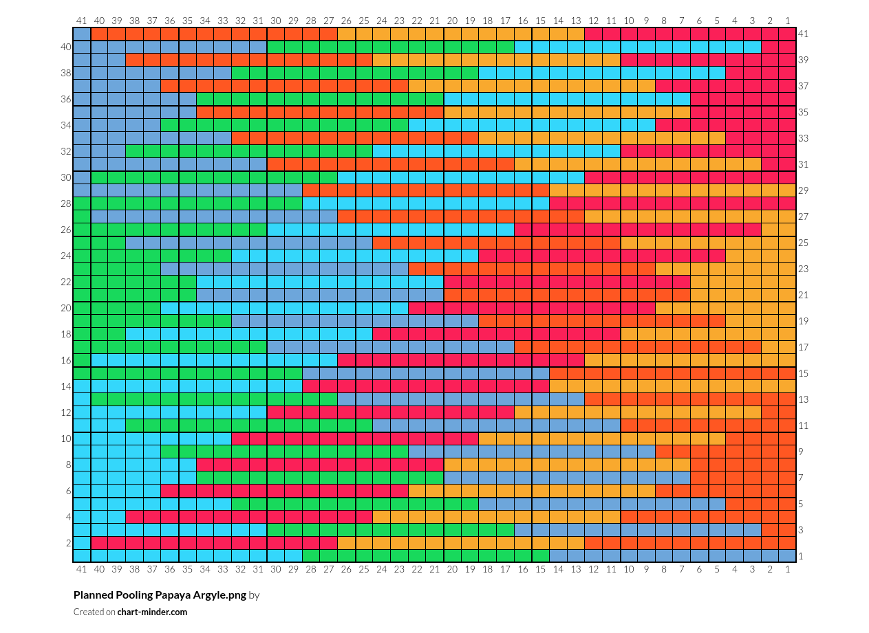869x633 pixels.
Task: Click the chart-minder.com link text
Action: [x=152, y=612]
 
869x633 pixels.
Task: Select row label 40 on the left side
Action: [x=66, y=47]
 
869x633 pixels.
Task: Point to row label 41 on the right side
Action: [x=803, y=34]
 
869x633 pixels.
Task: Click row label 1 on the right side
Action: [x=801, y=556]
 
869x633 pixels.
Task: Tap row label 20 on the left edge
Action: [x=66, y=308]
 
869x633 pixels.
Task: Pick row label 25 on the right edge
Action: [x=803, y=243]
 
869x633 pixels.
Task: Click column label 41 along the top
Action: [x=82, y=21]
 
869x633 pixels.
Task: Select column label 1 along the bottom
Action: [x=787, y=568]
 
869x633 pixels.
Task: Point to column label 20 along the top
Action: [x=452, y=21]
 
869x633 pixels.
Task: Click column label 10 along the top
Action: [x=629, y=21]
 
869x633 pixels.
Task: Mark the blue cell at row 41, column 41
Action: [x=82, y=34]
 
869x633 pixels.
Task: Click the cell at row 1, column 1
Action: [x=787, y=556]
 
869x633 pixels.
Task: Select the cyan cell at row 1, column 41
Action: [x=82, y=556]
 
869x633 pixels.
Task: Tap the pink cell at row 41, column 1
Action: [x=787, y=34]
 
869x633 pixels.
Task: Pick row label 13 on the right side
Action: [x=803, y=399]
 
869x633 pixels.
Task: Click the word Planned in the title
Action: [x=93, y=595]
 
